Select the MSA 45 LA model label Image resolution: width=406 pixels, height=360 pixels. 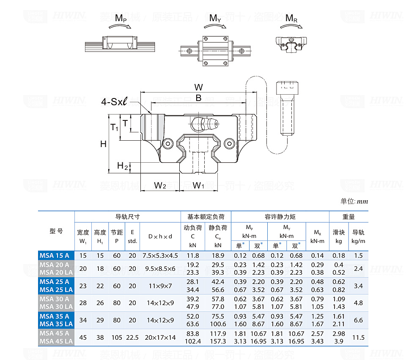pos(56,341)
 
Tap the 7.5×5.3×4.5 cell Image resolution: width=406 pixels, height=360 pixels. pos(160,255)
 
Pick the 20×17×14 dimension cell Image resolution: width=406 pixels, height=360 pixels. pos(160,337)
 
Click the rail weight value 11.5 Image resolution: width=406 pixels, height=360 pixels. pos(358,337)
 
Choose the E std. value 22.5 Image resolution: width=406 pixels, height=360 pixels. pos(132,337)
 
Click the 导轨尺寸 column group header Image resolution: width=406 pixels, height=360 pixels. pos(127,217)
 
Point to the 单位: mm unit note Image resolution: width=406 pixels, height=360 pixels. pos(354,202)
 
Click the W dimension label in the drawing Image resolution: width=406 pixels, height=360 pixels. pos(198,87)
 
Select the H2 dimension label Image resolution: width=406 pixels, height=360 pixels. pos(123,166)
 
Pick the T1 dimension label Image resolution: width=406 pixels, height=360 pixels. pos(114,127)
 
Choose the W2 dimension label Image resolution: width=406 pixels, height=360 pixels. pos(159,185)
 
